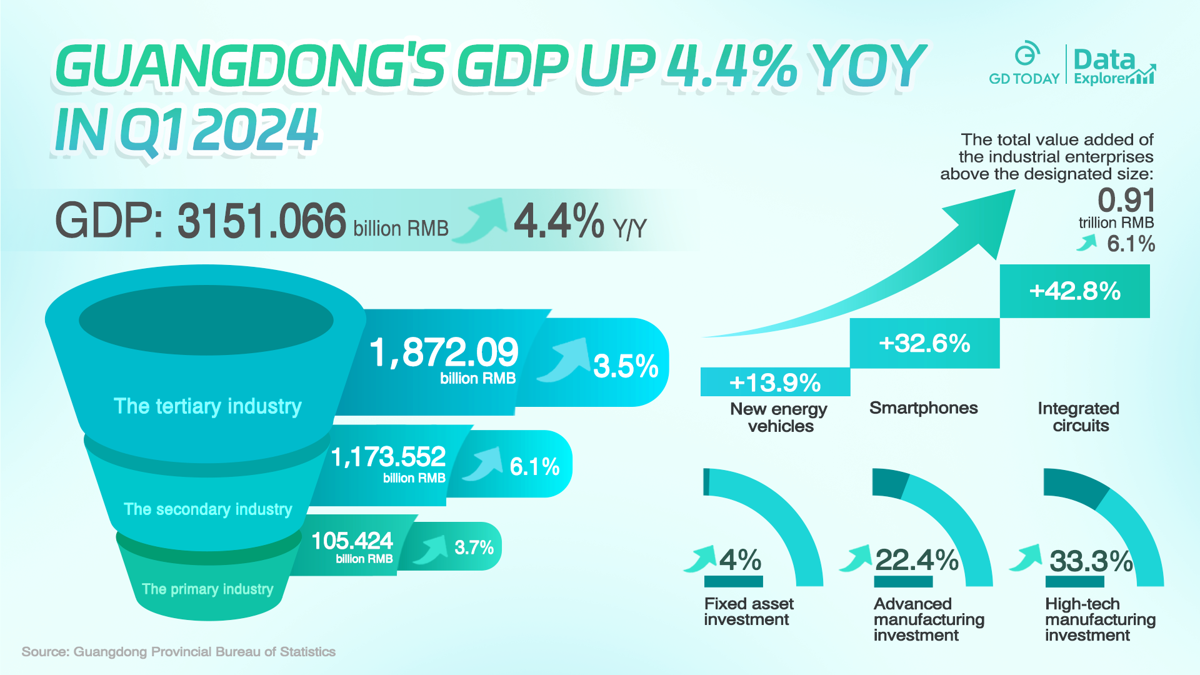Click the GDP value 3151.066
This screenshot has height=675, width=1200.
261,221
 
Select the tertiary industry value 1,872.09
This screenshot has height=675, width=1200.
444,352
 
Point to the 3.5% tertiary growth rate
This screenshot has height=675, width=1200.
626,366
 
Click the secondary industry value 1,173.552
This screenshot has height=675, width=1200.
388,457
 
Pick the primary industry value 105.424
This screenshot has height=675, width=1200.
352,541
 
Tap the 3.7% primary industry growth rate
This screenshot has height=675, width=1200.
474,547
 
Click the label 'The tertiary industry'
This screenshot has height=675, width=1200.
207,406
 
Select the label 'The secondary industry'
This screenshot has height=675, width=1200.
207,509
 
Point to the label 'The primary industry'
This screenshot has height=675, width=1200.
207,589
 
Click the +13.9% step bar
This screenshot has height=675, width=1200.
775,382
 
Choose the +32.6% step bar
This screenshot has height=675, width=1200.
924,343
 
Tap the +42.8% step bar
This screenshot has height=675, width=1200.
1075,291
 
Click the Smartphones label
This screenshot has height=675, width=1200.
923,408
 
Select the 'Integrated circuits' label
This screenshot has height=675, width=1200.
1079,417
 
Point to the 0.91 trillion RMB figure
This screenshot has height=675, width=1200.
1126,201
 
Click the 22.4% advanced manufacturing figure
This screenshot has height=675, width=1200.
916,560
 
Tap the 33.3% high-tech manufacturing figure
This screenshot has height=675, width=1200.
1091,561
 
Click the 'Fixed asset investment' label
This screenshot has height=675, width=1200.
748,611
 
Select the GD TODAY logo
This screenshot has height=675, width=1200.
1024,65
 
